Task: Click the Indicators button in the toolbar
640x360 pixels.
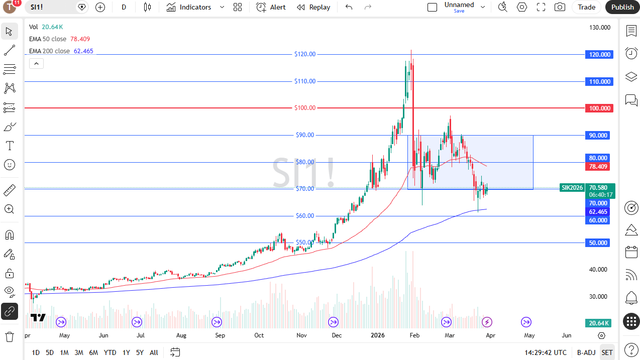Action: (189, 7)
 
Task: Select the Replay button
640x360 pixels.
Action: (313, 7)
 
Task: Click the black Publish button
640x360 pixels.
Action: (622, 7)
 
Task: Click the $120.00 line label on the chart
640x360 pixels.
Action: (305, 54)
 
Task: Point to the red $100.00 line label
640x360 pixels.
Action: (305, 108)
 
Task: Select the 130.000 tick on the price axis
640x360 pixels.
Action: (600, 28)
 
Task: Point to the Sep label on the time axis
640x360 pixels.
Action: (220, 335)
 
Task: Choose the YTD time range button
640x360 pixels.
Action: (110, 352)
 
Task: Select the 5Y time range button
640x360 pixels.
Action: (140, 352)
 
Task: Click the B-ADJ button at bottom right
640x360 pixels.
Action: (586, 352)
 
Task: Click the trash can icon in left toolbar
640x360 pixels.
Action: (9, 336)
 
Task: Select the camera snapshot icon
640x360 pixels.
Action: (559, 7)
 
